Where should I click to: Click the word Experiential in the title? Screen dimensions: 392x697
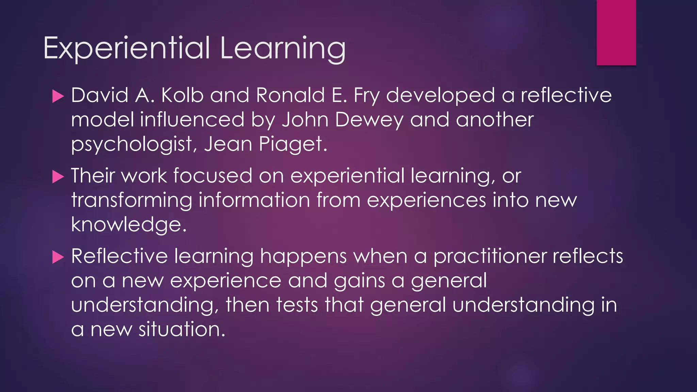point(127,48)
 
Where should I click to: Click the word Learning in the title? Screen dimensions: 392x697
point(282,48)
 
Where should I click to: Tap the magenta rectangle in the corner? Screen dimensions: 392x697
point(616,32)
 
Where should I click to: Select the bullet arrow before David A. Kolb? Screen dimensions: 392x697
point(58,96)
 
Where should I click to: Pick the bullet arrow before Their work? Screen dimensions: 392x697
point(58,177)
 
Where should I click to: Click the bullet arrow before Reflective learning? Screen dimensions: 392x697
point(58,257)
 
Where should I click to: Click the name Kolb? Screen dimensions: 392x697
point(182,95)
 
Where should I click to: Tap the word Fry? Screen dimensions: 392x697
point(366,96)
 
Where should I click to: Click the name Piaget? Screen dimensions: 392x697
point(290,144)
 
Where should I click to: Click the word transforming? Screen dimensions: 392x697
point(131,200)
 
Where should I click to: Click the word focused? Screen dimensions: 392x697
point(212,176)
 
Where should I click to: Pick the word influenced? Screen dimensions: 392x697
point(192,120)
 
